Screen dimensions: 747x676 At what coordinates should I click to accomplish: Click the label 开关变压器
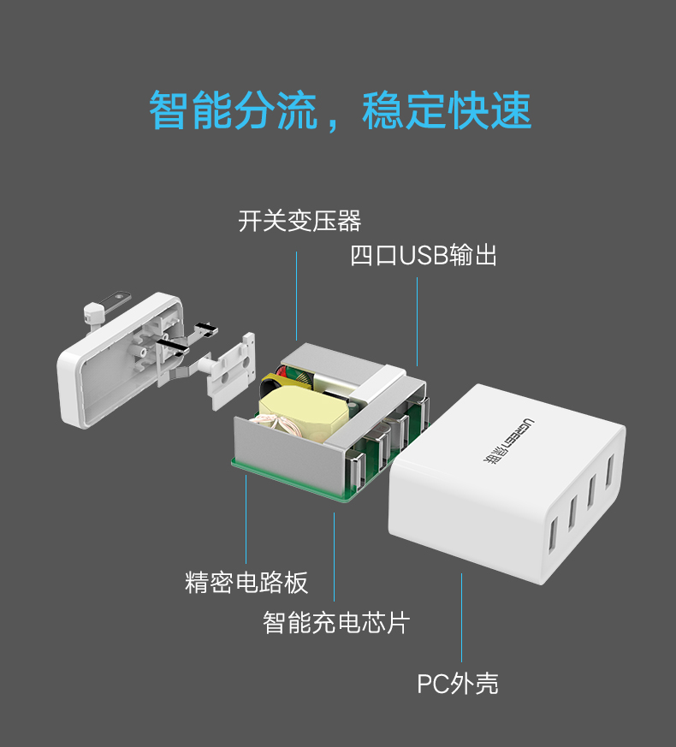tap(299, 222)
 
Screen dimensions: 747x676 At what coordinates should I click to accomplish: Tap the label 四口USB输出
tap(424, 255)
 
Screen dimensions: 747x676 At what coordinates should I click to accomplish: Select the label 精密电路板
tap(246, 583)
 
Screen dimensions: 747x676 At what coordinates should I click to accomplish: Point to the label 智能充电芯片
tap(335, 622)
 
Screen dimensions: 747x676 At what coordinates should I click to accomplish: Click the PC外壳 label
tap(457, 684)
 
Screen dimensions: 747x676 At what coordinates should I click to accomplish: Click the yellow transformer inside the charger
tap(295, 411)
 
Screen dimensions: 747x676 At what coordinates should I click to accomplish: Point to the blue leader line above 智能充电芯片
tap(334, 556)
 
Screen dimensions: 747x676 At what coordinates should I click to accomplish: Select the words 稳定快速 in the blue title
tap(447, 110)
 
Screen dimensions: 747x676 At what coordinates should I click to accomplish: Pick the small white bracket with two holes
tap(229, 368)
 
